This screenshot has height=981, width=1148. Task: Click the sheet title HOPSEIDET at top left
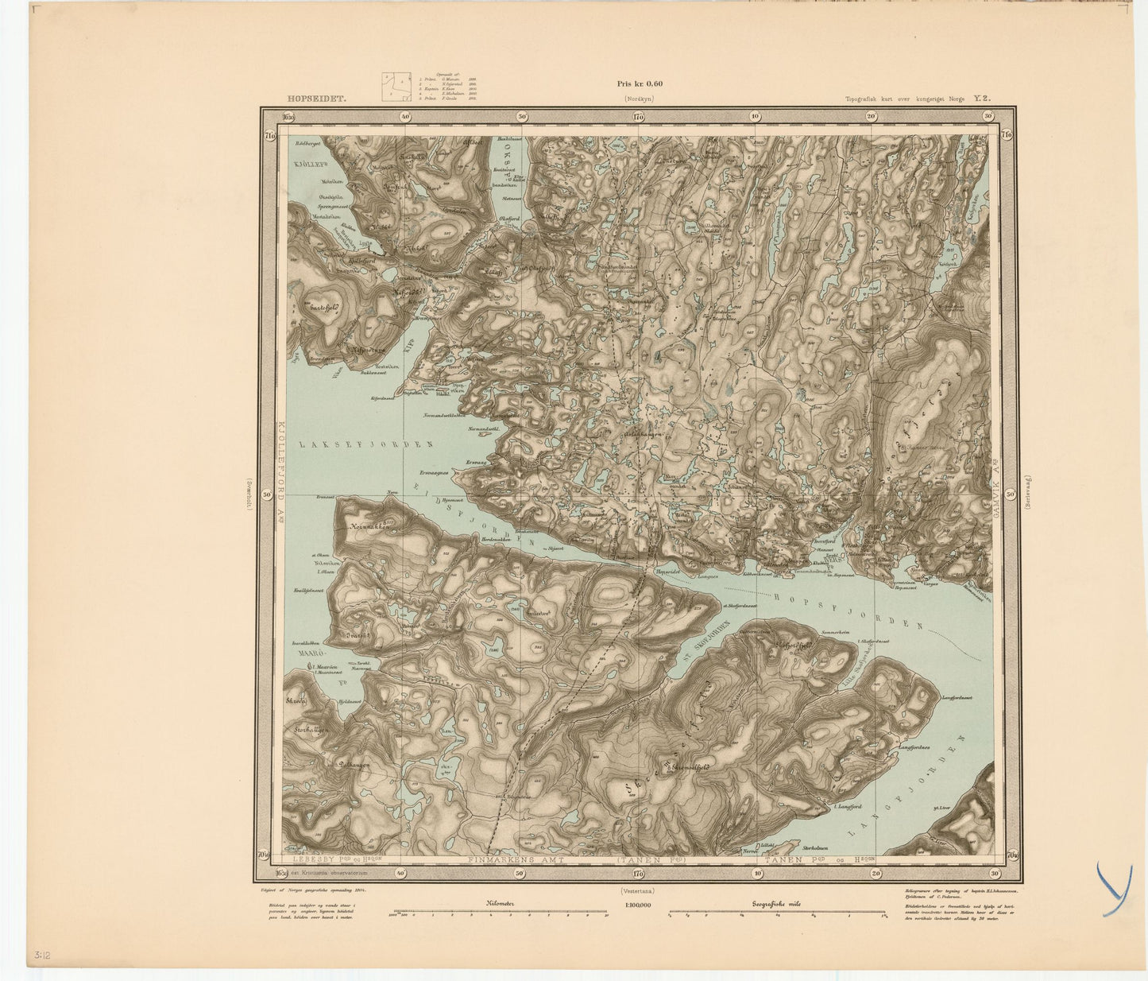(317, 100)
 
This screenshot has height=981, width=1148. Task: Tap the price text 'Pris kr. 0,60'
(639, 83)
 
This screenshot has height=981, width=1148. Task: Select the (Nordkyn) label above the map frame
(639, 100)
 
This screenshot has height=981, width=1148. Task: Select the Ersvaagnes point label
(434, 472)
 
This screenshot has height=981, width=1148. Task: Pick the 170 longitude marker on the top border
(639, 117)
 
